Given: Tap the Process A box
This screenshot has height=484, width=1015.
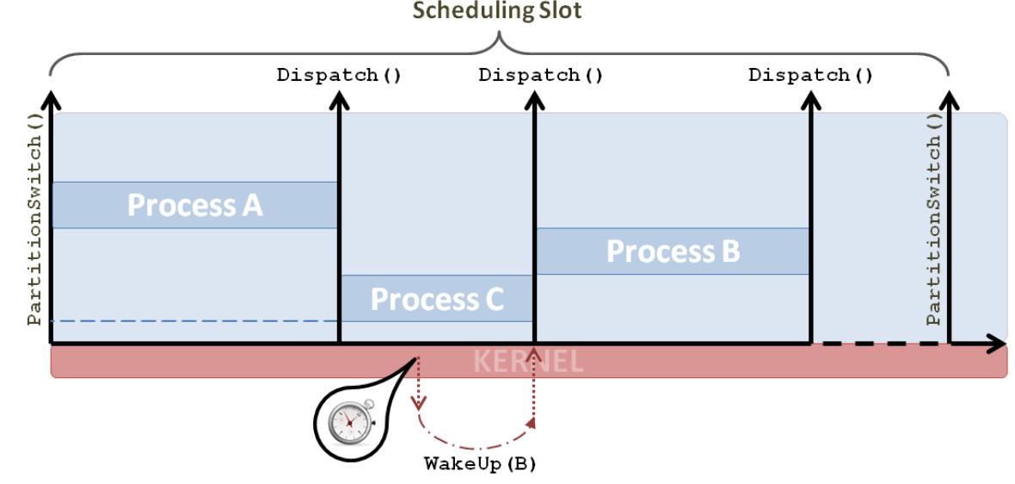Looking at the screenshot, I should [194, 205].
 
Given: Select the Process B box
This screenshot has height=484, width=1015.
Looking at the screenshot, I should [673, 251].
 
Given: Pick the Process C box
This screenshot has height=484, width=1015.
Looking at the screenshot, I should [437, 299].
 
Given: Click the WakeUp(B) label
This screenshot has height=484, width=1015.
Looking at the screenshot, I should [480, 464].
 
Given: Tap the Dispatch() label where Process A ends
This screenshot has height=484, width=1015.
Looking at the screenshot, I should [339, 75].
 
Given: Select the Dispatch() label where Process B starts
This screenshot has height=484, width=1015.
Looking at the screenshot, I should [540, 75].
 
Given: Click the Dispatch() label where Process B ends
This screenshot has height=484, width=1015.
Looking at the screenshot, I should [810, 75].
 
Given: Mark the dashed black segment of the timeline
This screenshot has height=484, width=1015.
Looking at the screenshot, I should [877, 344].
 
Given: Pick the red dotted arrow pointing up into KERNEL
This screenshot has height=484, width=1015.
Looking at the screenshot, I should [534, 388].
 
